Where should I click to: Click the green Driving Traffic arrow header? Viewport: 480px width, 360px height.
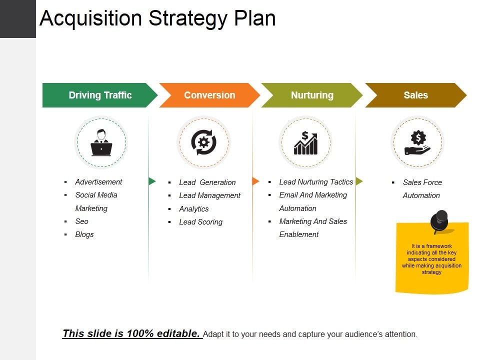click(x=100, y=95)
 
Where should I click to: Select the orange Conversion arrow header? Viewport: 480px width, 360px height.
click(x=209, y=95)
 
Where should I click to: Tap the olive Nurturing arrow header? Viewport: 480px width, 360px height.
click(x=312, y=95)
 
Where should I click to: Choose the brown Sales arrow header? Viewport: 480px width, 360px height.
click(x=415, y=95)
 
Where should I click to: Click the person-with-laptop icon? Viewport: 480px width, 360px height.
click(x=101, y=142)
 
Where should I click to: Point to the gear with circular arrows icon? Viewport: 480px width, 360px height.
click(x=203, y=142)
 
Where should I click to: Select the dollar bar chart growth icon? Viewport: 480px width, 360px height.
click(x=306, y=142)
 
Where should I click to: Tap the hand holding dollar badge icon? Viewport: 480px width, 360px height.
click(x=417, y=142)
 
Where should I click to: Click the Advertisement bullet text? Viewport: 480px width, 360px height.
click(x=98, y=182)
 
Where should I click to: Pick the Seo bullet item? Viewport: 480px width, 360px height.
click(x=81, y=221)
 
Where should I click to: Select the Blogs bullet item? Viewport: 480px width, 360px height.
click(x=84, y=234)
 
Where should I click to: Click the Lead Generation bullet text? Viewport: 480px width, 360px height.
click(x=207, y=182)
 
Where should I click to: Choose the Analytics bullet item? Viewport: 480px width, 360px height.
click(x=194, y=209)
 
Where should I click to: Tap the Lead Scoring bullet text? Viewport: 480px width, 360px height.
click(x=201, y=222)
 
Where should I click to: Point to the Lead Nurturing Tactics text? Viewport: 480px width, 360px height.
click(x=316, y=182)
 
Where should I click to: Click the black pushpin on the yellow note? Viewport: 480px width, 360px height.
click(x=439, y=221)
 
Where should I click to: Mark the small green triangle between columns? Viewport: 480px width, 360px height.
click(x=152, y=181)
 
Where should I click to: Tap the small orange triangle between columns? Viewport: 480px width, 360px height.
click(x=255, y=181)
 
